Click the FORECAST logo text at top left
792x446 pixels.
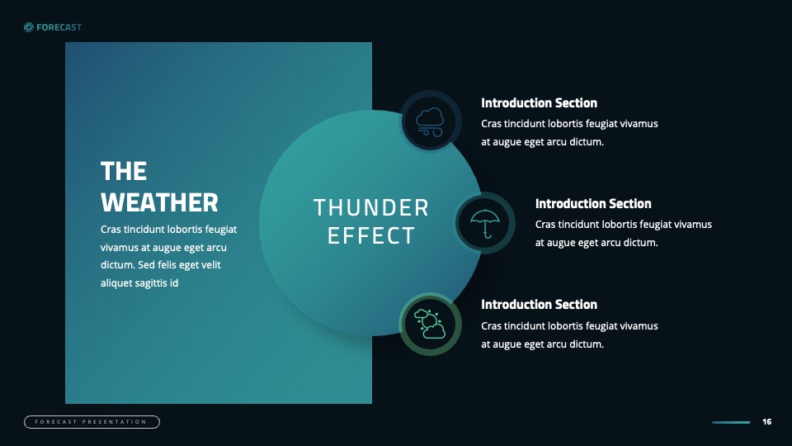pos(59,27)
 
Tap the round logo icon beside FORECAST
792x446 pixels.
pos(29,27)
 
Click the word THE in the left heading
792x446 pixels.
pos(124,172)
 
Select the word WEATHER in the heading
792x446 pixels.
pos(159,202)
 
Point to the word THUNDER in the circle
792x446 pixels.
pos(371,207)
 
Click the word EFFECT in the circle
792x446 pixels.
pos(371,235)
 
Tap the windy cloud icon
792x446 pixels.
pos(430,122)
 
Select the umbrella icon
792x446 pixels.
pos(485,223)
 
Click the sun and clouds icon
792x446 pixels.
pos(430,324)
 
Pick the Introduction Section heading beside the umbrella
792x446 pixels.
pos(593,204)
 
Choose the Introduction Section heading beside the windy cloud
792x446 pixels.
pos(539,103)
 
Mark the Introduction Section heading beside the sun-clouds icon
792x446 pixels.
pos(539,305)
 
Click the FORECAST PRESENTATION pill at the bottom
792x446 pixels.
pos(92,422)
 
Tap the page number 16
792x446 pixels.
pos(766,422)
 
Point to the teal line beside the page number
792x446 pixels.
pos(731,422)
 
